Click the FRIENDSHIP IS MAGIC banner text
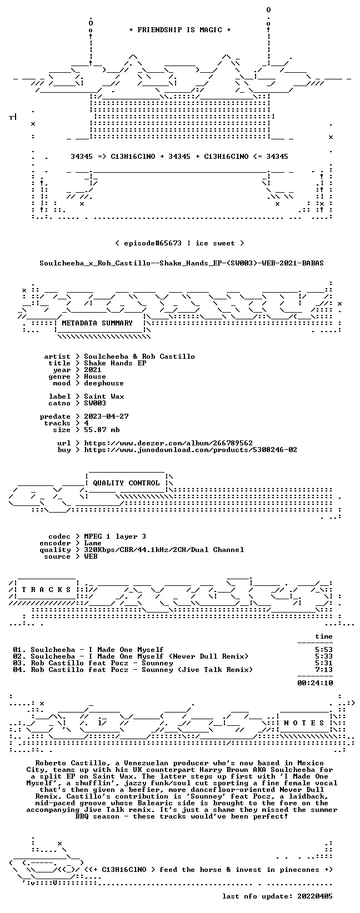pyautogui.click(x=180, y=30)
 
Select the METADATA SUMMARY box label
pyautogui.click(x=97, y=323)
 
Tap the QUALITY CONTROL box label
pyautogui.click(x=126, y=483)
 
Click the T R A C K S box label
pyautogui.click(x=46, y=589)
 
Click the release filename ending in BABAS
pyautogui.click(x=182, y=263)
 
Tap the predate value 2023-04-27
pyautogui.click(x=106, y=417)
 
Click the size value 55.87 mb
pyautogui.click(x=102, y=430)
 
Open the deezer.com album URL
pyautogui.click(x=168, y=443)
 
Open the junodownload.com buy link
pyautogui.click(x=191, y=450)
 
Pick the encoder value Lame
pyautogui.click(x=93, y=543)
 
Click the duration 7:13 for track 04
pyautogui.click(x=324, y=670)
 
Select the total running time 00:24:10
pyautogui.click(x=315, y=683)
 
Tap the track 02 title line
pyautogui.click(x=131, y=656)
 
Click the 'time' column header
pyautogui.click(x=324, y=636)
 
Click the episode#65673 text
pyautogui.click(x=153, y=243)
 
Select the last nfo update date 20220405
pyautogui.click(x=315, y=896)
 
